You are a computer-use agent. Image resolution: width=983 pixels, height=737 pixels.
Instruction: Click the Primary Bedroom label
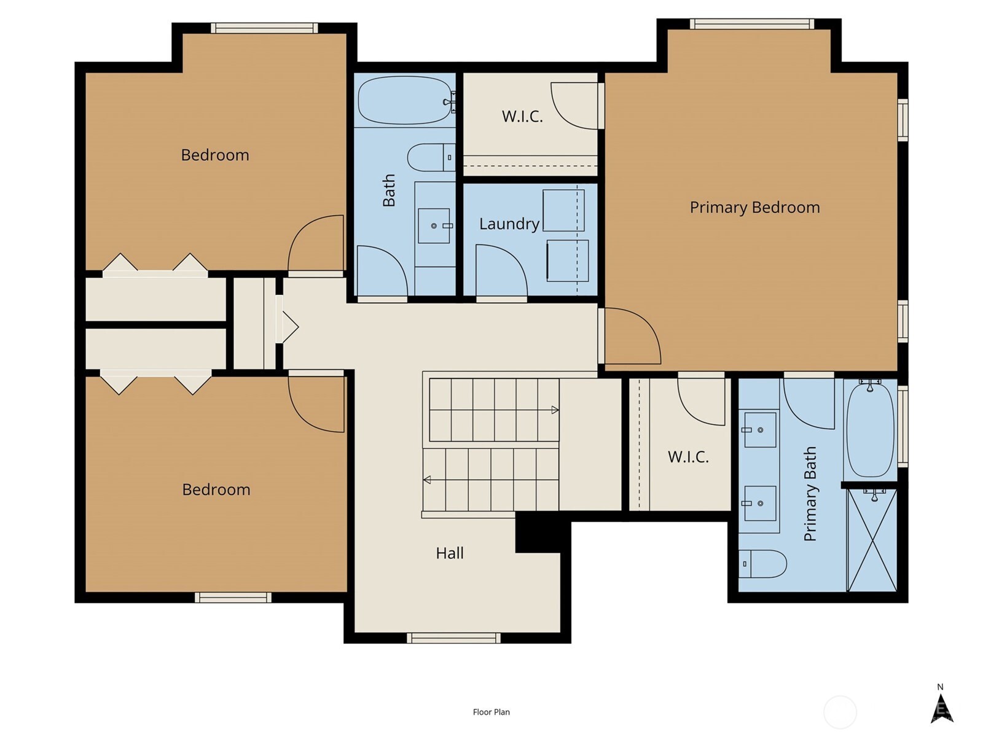(x=754, y=208)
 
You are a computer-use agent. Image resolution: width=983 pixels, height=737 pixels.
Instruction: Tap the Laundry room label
(x=509, y=224)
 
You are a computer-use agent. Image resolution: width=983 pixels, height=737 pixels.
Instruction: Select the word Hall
(x=450, y=553)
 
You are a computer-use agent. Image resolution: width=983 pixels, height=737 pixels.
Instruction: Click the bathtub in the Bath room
(x=405, y=100)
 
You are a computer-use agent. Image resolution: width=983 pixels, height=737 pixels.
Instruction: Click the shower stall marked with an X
(x=872, y=540)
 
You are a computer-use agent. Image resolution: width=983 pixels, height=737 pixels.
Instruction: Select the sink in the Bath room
(x=434, y=226)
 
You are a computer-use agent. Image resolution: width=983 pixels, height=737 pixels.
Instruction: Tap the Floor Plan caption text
(x=491, y=712)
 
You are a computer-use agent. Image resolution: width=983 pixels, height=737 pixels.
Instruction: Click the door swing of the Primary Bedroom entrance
(x=632, y=336)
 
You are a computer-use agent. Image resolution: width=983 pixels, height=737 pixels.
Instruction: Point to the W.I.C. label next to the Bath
(x=522, y=117)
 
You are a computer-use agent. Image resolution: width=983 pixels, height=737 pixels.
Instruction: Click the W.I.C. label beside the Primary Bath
(x=688, y=457)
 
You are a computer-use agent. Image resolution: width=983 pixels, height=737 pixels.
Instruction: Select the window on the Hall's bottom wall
(x=453, y=638)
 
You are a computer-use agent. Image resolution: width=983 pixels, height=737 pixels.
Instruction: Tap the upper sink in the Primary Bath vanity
(x=760, y=430)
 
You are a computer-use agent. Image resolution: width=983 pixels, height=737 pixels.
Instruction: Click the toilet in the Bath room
(x=430, y=157)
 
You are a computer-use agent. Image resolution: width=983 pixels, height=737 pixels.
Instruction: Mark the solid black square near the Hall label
(x=538, y=533)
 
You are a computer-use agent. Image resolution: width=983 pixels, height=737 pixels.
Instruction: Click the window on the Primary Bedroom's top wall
(x=751, y=24)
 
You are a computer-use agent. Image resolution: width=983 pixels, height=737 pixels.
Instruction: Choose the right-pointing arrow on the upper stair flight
(x=555, y=410)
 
